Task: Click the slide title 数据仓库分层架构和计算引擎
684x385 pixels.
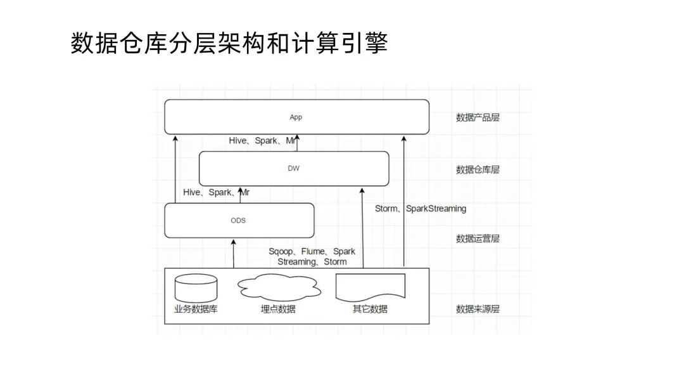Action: click(229, 44)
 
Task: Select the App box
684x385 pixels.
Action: click(296, 117)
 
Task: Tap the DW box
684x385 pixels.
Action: click(294, 169)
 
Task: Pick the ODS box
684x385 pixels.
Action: click(239, 221)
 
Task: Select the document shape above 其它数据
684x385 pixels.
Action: click(370, 287)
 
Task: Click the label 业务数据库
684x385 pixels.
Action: click(196, 310)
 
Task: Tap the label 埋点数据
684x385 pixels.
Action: click(278, 310)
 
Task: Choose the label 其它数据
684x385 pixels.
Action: click(370, 310)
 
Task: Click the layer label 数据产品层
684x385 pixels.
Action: click(478, 117)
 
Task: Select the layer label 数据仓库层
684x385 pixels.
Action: click(478, 169)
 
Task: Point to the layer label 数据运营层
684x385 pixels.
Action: click(478, 238)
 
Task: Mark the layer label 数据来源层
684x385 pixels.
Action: click(478, 310)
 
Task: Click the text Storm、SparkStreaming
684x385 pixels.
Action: click(421, 209)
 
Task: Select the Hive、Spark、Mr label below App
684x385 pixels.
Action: click(262, 141)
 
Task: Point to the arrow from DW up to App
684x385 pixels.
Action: click(297, 143)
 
